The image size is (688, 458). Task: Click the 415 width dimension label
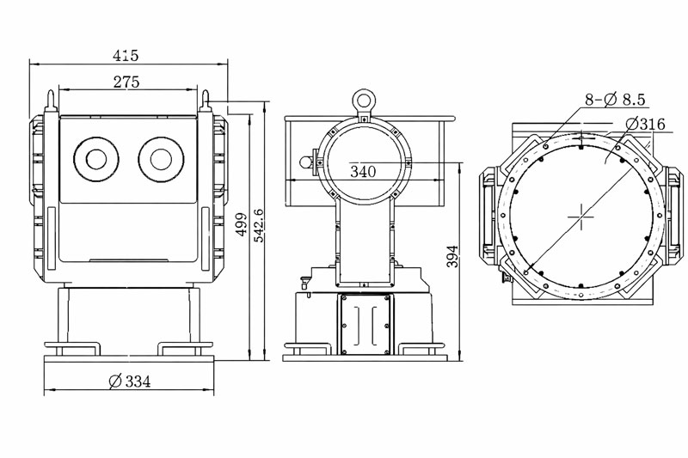pyautogui.click(x=126, y=55)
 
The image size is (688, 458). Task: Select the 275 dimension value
pyautogui.click(x=126, y=82)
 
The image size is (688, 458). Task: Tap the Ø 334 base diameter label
pyautogui.click(x=131, y=382)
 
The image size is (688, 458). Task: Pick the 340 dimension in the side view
pyautogui.click(x=363, y=171)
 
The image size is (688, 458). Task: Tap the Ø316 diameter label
pyautogui.click(x=646, y=124)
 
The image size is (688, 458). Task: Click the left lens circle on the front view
pyautogui.click(x=93, y=159)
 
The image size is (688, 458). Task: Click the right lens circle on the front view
pyautogui.click(x=159, y=159)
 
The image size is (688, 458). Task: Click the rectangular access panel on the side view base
pyautogui.click(x=365, y=324)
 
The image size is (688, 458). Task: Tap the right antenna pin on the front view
pyautogui.click(x=206, y=97)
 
